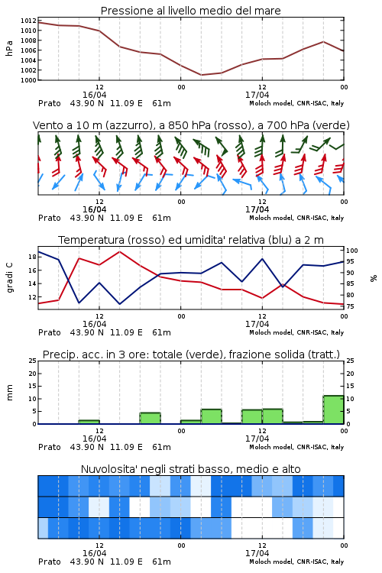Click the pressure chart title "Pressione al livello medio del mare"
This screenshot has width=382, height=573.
tap(190, 11)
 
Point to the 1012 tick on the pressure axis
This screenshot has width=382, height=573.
tap(28, 21)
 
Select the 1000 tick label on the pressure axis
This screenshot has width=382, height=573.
tap(28, 80)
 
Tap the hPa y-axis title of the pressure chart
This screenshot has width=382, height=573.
tap(9, 49)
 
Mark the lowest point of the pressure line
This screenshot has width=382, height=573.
tap(201, 75)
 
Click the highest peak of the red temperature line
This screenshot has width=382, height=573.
tap(119, 251)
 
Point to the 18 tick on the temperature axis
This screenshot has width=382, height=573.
tap(32, 257)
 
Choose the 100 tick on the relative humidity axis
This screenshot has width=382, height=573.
tap(352, 251)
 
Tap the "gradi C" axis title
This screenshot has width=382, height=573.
tap(10, 277)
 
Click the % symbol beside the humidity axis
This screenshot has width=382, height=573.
tap(374, 278)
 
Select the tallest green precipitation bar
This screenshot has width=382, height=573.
tap(333, 410)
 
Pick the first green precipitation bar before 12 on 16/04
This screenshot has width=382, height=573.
tap(89, 422)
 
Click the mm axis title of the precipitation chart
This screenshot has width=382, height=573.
tap(10, 393)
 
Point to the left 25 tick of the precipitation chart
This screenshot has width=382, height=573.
tap(33, 361)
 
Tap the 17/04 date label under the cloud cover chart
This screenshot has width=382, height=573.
tap(257, 553)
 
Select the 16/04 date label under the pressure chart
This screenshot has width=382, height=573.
tap(94, 95)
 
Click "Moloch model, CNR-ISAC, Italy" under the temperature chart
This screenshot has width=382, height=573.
tap(296, 332)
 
